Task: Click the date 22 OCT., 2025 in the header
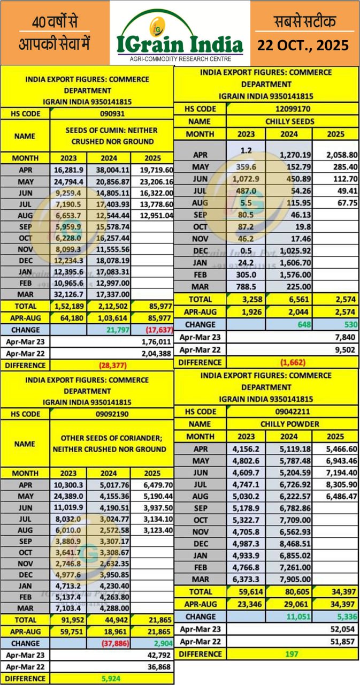303,45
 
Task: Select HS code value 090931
111,113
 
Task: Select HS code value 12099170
293,109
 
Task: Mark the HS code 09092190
111,414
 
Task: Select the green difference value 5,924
116,678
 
